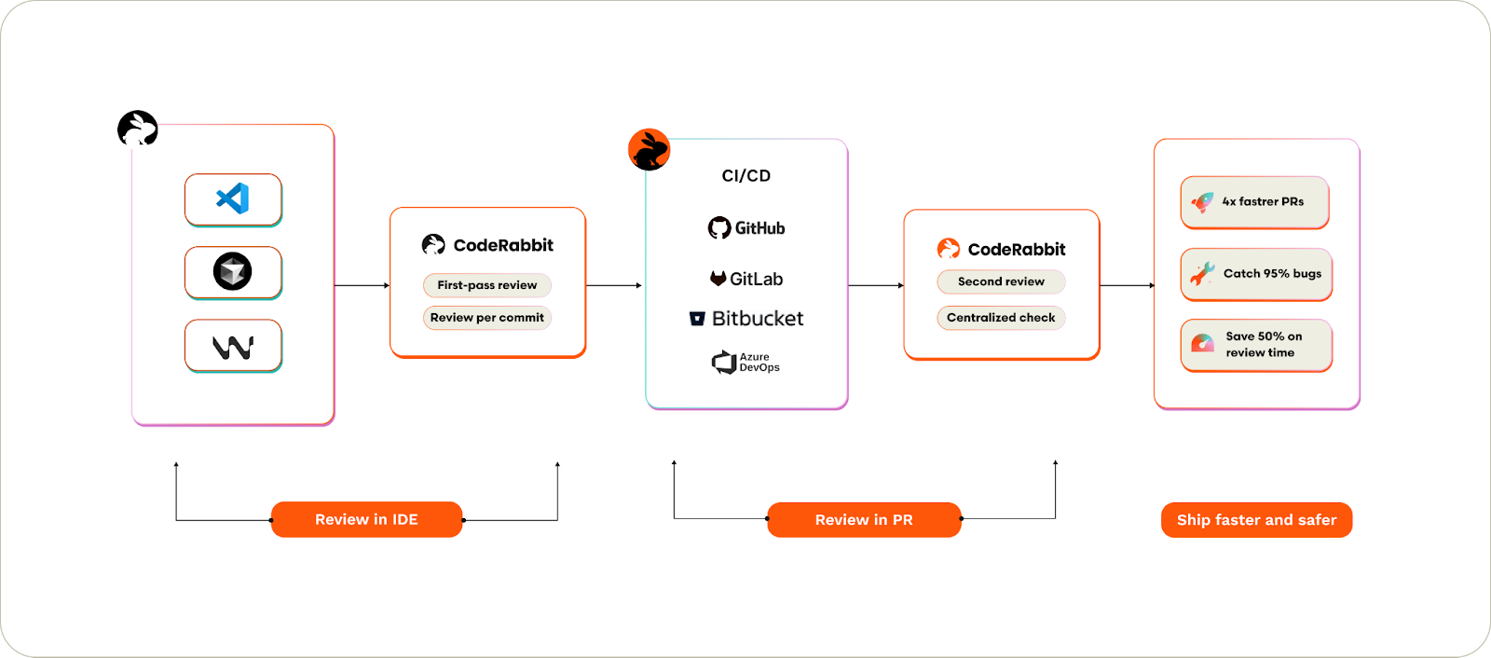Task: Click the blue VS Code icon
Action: pyautogui.click(x=233, y=199)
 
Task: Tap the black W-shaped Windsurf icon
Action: pyautogui.click(x=233, y=347)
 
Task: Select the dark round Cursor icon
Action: pyautogui.click(x=233, y=271)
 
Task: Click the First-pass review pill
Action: pyautogui.click(x=487, y=285)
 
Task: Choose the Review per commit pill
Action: pyautogui.click(x=487, y=318)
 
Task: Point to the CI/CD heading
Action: pyautogui.click(x=746, y=176)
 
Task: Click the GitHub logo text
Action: pyautogui.click(x=746, y=228)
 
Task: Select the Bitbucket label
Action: pyautogui.click(x=746, y=319)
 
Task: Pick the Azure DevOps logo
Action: pyautogui.click(x=745, y=363)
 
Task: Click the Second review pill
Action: pyautogui.click(x=1001, y=281)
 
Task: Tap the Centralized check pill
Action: pyautogui.click(x=1001, y=318)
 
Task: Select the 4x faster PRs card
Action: pyautogui.click(x=1254, y=202)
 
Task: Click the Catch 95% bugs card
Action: pyautogui.click(x=1256, y=274)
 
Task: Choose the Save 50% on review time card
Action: pyautogui.click(x=1256, y=345)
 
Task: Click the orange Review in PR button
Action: pyautogui.click(x=864, y=520)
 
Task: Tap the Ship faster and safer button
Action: pyautogui.click(x=1256, y=520)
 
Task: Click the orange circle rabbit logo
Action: pyautogui.click(x=650, y=150)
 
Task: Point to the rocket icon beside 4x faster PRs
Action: pyautogui.click(x=1203, y=201)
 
